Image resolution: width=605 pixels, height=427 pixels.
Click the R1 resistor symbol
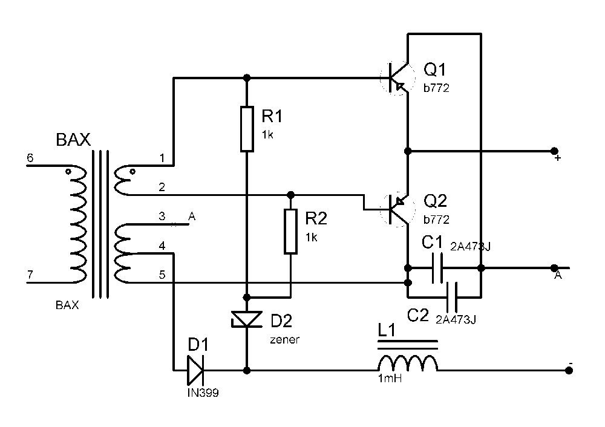tap(247, 129)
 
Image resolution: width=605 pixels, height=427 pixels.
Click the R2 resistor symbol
tap(290, 232)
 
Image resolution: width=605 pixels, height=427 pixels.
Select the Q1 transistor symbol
tap(397, 78)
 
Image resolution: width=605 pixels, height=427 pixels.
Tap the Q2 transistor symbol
tap(397, 209)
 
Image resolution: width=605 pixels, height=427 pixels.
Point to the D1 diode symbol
tap(195, 370)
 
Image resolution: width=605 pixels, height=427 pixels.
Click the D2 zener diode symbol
tap(247, 319)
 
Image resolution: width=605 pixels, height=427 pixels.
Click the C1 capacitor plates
tap(437, 268)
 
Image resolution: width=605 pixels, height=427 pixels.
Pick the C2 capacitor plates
tap(452, 298)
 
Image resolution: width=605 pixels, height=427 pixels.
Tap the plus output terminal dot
tap(554, 151)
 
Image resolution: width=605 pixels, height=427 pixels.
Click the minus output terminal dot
tap(569, 370)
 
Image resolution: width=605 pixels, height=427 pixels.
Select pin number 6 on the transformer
tap(30, 158)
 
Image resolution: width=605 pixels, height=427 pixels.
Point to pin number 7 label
tap(30, 275)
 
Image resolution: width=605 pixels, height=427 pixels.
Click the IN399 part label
tap(203, 393)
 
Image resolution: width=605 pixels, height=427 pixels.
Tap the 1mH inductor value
tap(390, 379)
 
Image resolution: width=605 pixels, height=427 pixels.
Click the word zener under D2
tap(285, 340)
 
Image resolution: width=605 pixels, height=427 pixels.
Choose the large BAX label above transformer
tap(73, 140)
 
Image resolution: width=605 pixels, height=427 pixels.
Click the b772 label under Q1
tap(436, 88)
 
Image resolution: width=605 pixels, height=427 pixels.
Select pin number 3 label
tap(162, 216)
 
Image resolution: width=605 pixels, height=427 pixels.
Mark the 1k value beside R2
tap(312, 238)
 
